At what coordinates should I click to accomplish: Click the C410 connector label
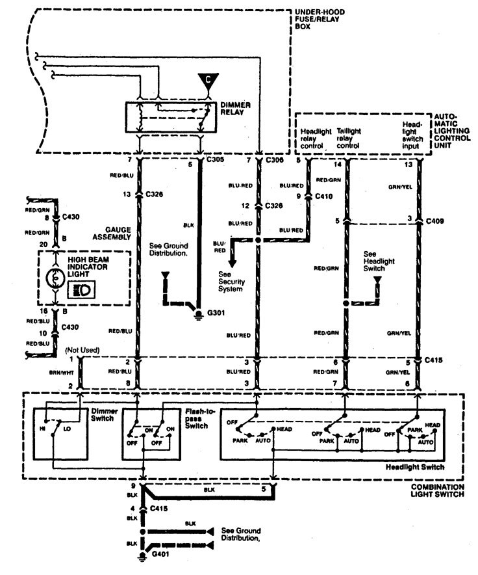point(323,194)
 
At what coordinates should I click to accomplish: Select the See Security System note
point(231,282)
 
